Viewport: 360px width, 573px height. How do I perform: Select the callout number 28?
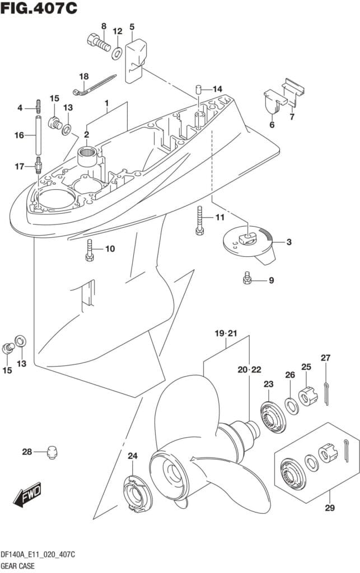click(27, 452)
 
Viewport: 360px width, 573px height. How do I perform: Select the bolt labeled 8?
click(99, 42)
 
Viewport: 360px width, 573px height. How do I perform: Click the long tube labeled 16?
click(39, 135)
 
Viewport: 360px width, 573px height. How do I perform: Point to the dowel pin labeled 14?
click(198, 89)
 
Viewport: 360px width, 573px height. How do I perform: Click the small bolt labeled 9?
click(247, 278)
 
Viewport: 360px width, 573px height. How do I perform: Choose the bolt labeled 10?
click(89, 249)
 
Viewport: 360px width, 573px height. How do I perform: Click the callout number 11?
click(219, 217)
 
